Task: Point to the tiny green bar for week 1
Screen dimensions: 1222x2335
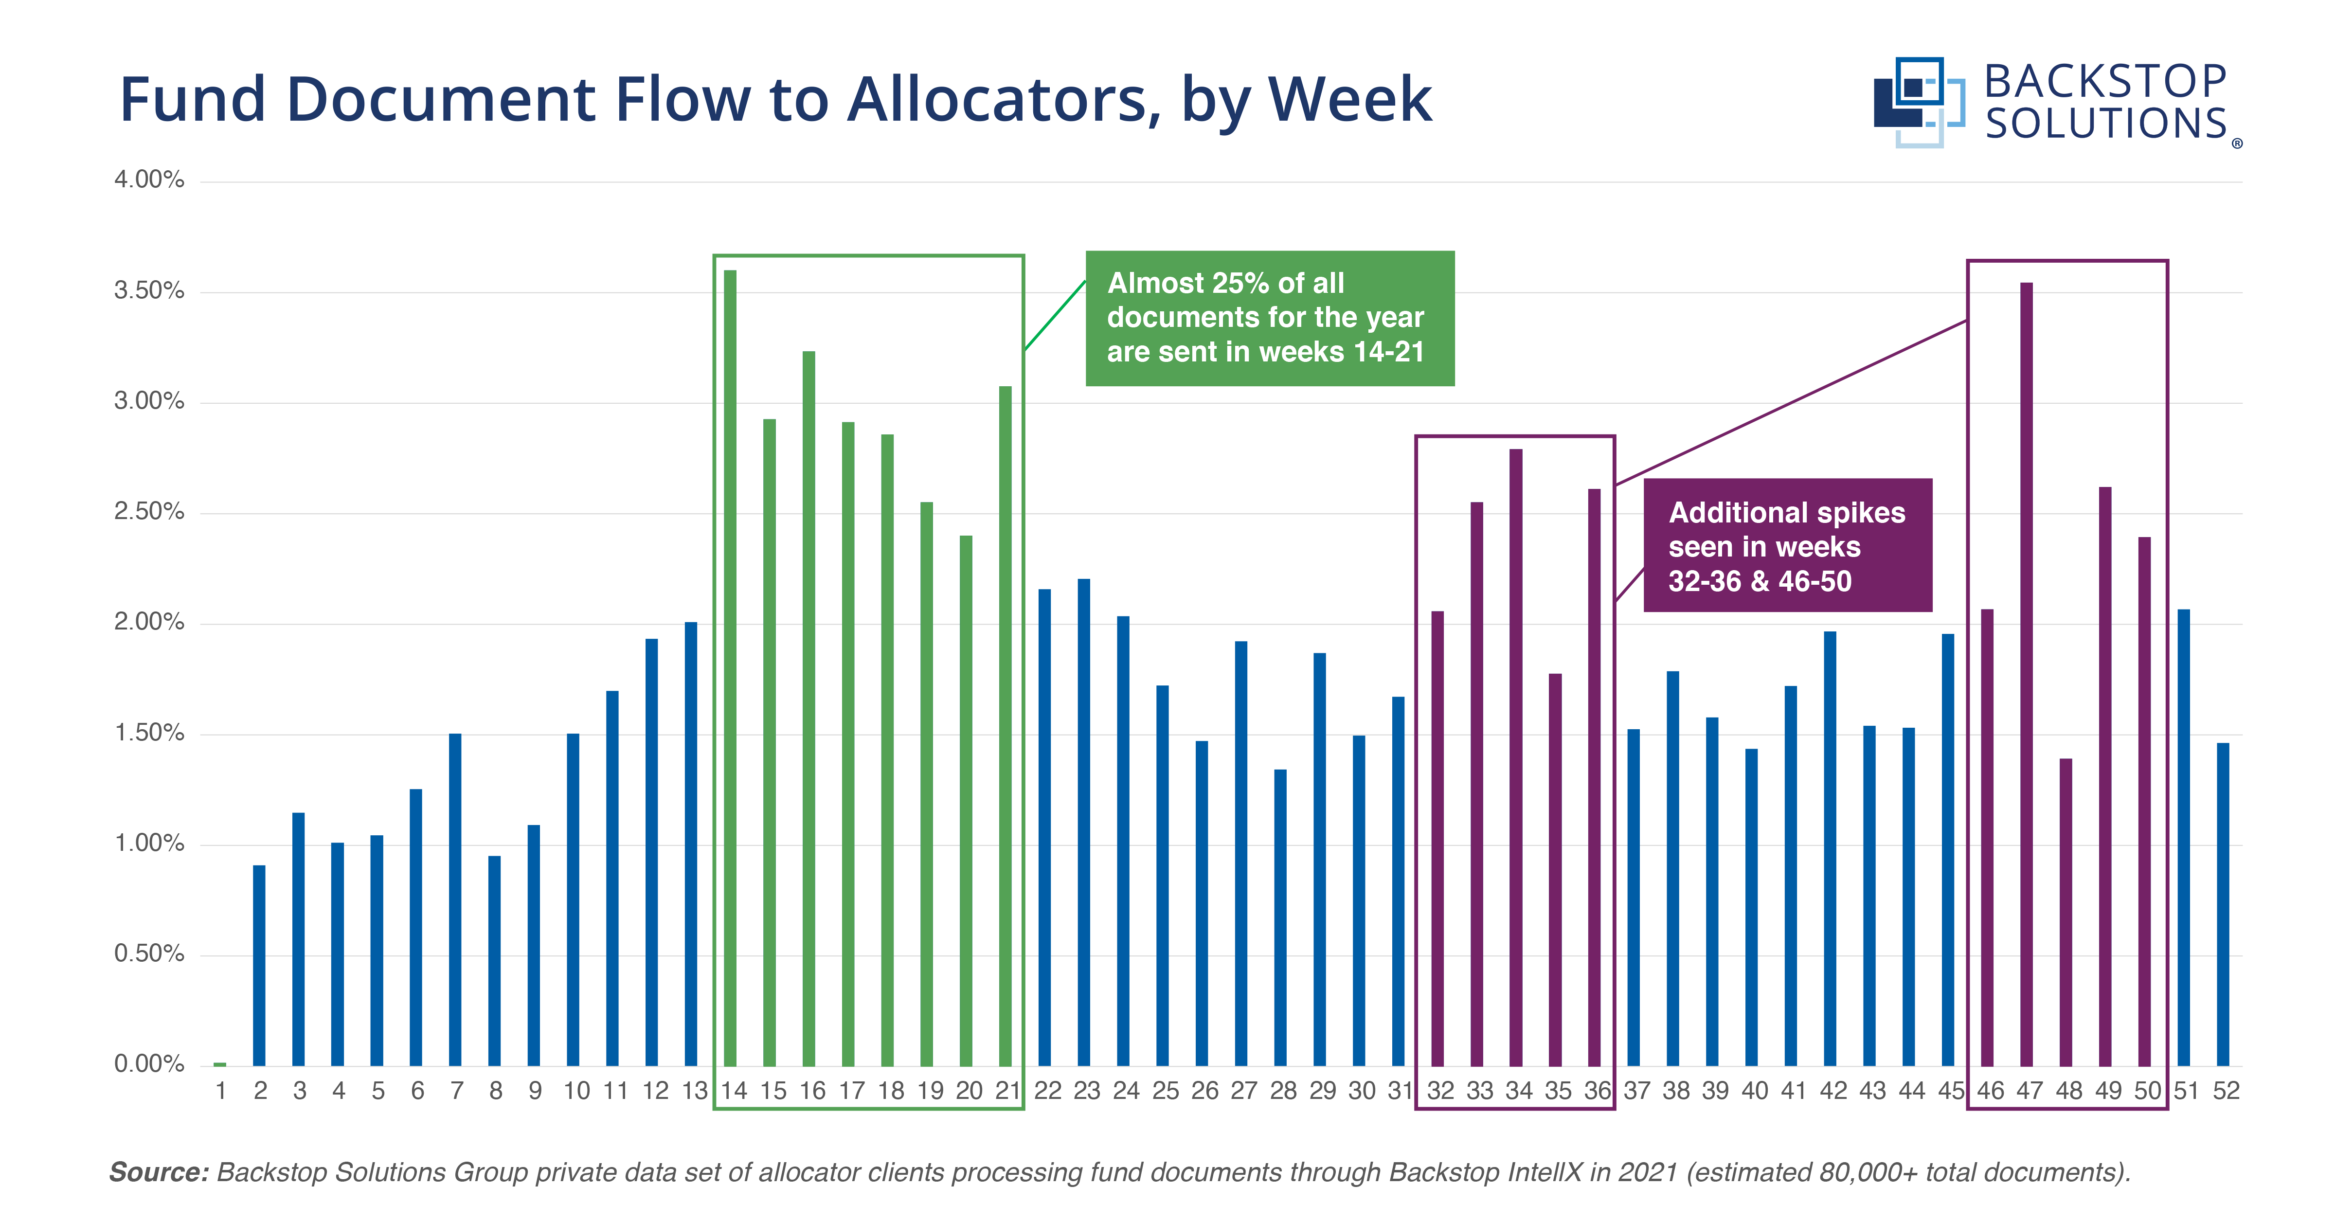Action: [x=219, y=1063]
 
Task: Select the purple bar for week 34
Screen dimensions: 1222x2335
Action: [x=1516, y=757]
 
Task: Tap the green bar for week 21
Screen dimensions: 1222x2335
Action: [x=1005, y=725]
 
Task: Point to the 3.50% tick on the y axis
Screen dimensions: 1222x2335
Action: [x=149, y=291]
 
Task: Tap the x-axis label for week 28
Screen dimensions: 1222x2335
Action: [x=1283, y=1091]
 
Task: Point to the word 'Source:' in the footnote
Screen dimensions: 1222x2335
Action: [x=159, y=1172]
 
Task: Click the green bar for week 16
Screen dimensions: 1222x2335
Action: [x=808, y=708]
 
